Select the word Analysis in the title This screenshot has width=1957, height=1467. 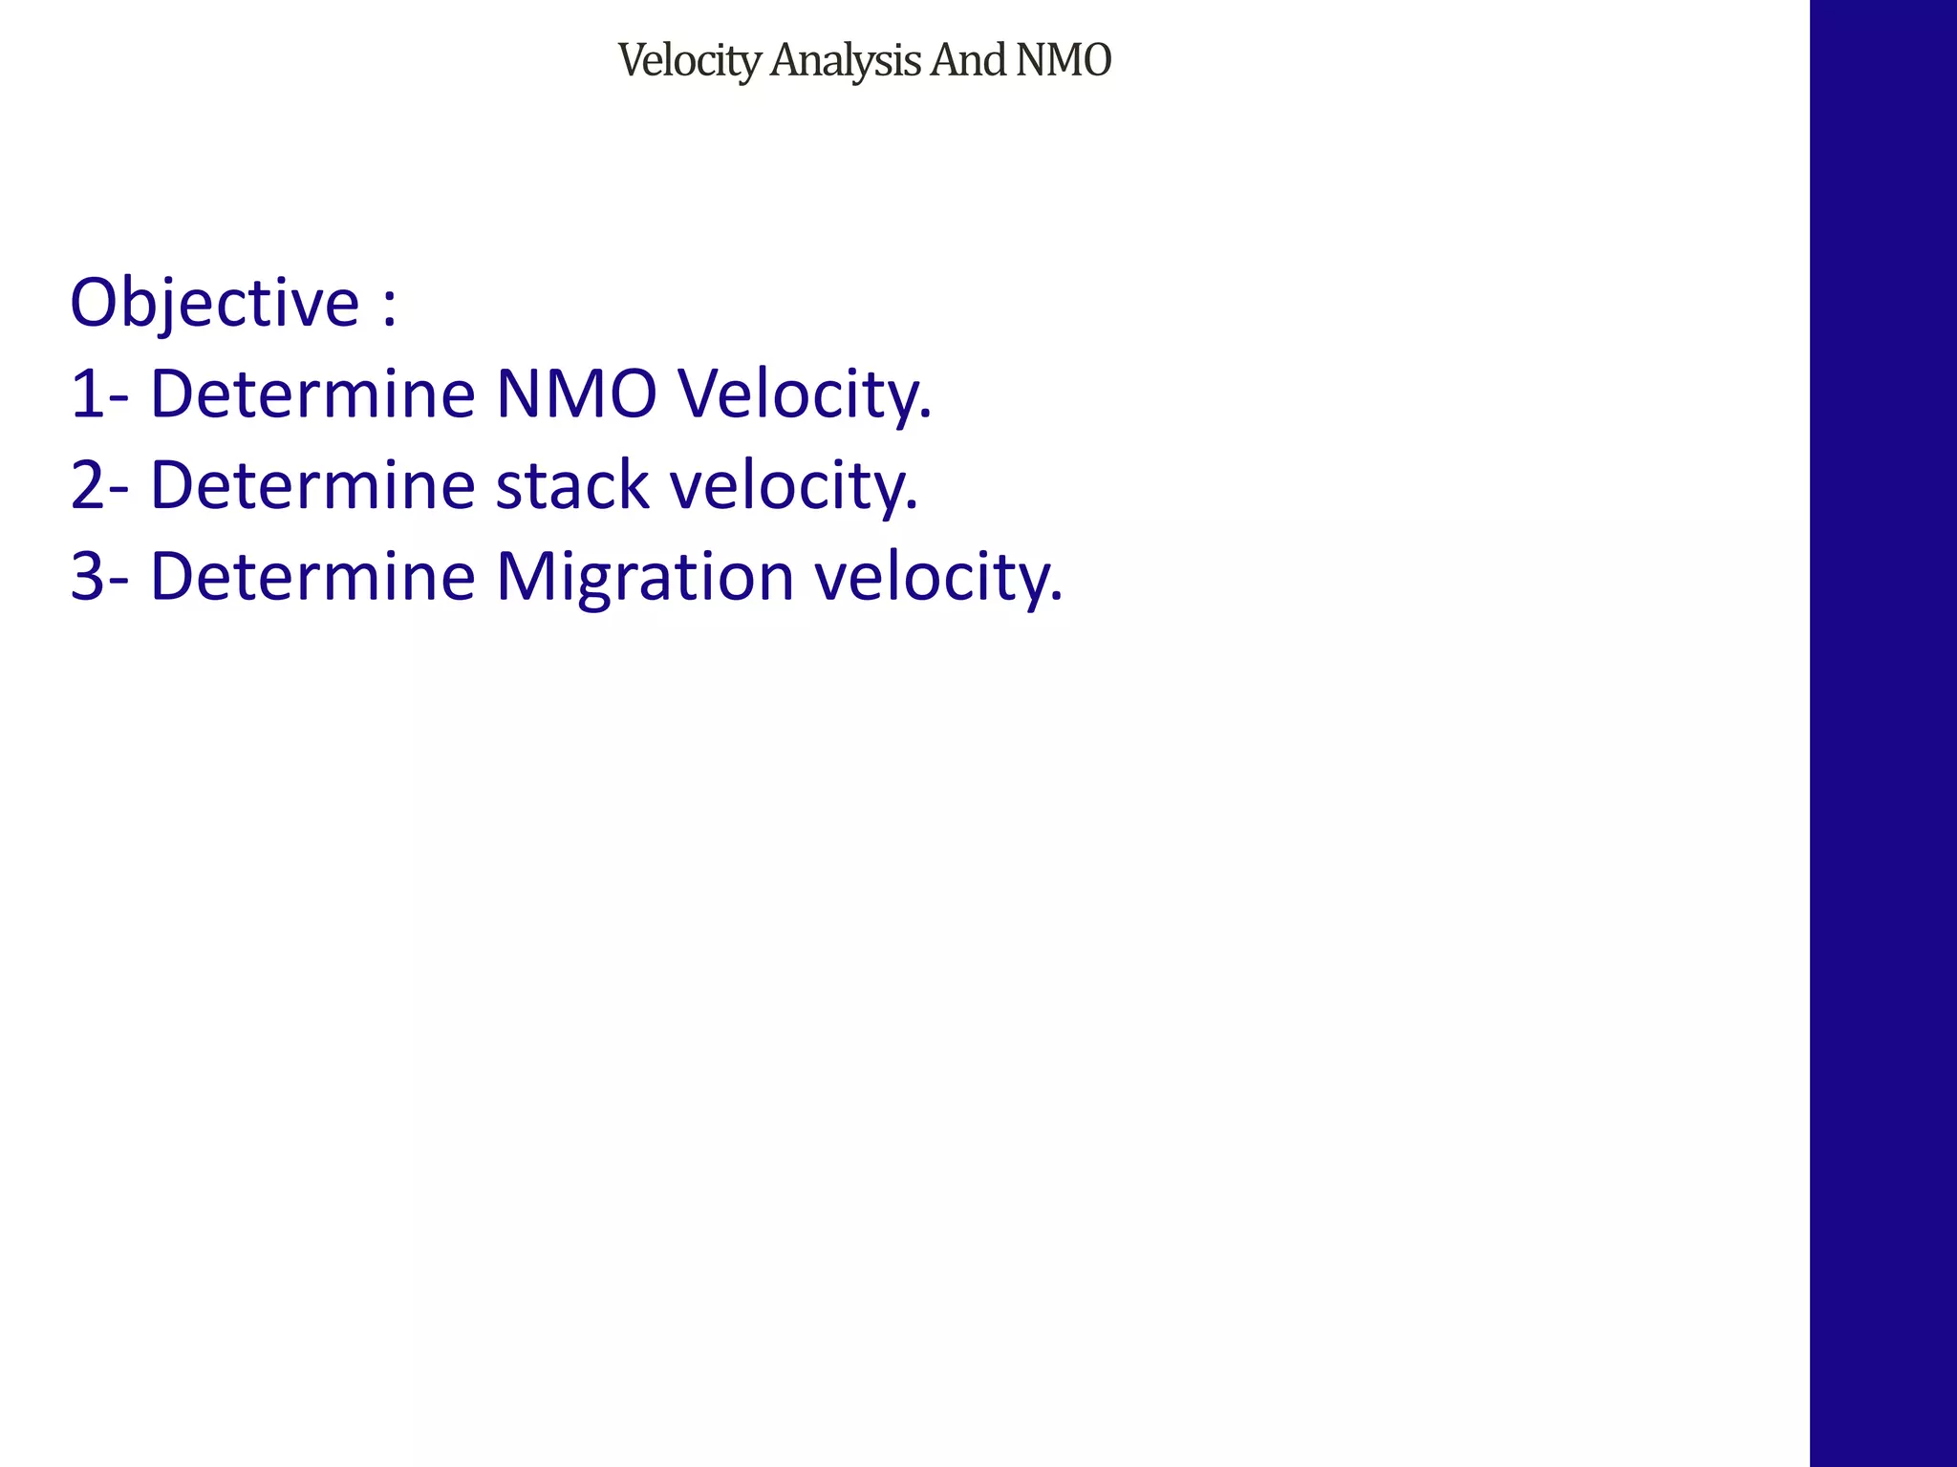click(x=845, y=61)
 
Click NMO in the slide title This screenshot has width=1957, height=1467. click(x=1064, y=60)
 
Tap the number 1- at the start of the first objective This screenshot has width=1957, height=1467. click(x=97, y=394)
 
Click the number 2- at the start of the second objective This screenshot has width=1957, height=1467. click(x=97, y=486)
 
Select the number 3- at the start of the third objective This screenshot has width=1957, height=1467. click(x=97, y=578)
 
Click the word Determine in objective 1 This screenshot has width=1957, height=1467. click(x=312, y=394)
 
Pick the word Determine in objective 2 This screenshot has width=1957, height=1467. click(x=312, y=486)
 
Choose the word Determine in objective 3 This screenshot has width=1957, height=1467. click(x=312, y=578)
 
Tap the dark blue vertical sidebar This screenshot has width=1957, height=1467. click(x=1882, y=733)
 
